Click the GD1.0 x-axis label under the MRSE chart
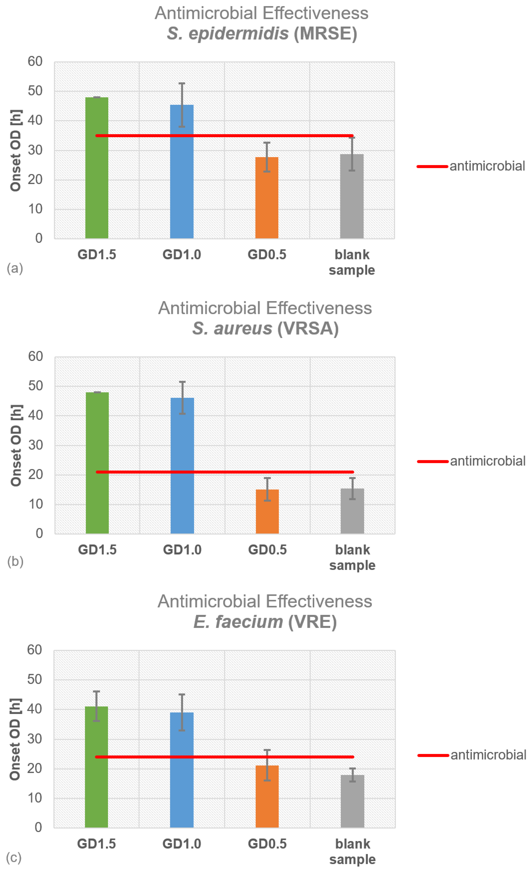pos(182,255)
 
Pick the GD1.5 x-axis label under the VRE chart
pos(96,843)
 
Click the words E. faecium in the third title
pos(238,622)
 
